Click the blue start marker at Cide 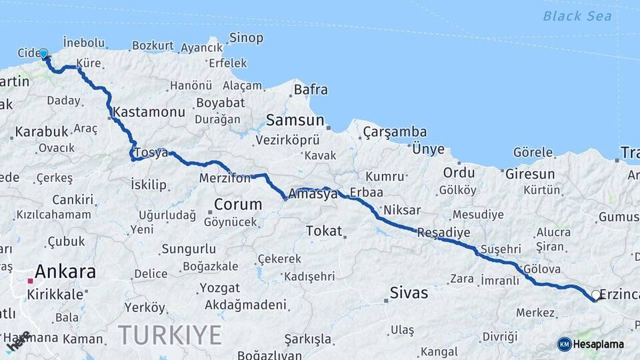43,53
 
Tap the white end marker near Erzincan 596,295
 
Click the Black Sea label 577,16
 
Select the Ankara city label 65,272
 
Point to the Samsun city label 295,121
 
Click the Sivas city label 409,293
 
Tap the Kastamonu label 149,112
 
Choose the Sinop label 246,38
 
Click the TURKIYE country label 170,335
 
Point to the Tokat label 323,231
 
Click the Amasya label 313,195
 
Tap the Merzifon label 225,179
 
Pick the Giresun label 530,174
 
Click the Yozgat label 219,288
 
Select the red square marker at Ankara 30,281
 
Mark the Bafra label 311,89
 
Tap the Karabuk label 41,131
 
